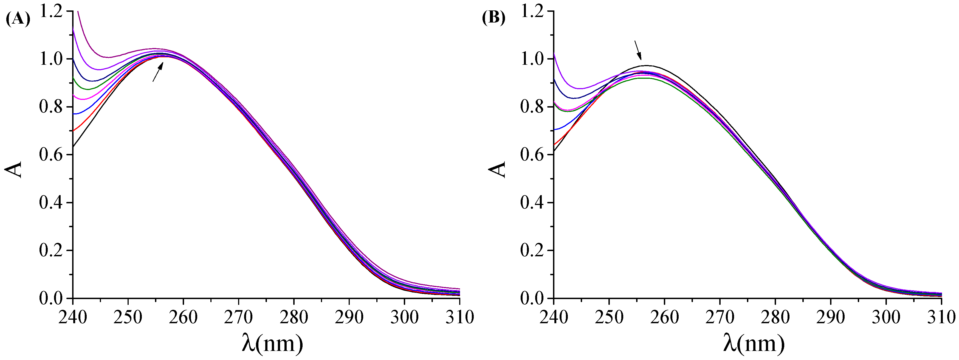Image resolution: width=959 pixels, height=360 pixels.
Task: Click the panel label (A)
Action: pos(18,19)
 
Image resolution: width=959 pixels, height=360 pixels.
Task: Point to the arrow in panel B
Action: pos(638,50)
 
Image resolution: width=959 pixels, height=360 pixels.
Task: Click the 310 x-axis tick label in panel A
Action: pos(460,317)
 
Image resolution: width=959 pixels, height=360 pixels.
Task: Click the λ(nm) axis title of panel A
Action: pos(272,343)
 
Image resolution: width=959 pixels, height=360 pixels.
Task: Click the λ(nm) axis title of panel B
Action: pos(754,343)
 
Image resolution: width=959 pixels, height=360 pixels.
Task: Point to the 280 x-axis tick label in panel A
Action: pos(294,317)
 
